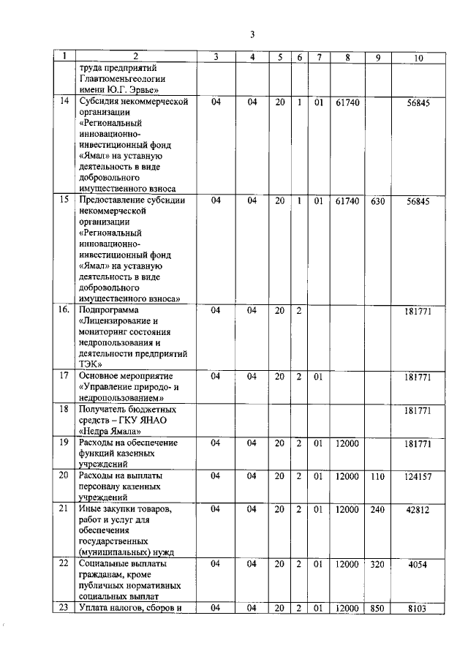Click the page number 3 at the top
coord(251,35)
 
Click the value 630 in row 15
coord(377,200)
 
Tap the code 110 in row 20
coord(377,476)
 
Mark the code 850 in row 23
coord(377,608)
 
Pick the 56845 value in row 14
coord(418,102)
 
